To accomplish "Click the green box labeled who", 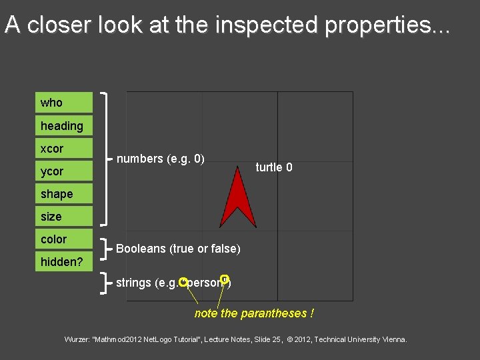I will pos(64,103).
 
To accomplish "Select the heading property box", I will pos(64,125).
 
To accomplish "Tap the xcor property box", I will pos(64,148).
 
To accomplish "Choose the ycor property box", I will pos(64,171).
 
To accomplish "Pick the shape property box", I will pos(64,194).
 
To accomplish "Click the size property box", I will pos(64,217).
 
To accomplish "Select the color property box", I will pos(64,239).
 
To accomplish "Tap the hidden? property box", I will pos(64,261).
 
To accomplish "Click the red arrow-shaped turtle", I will pos(238,200).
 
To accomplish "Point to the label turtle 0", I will pos(274,167).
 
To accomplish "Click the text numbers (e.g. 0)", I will pos(160,159).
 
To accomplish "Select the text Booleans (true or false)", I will pos(178,249).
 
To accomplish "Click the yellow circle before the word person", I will pos(183,282).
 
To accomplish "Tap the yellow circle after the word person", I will pos(224,279).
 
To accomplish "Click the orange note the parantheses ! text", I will pos(254,313).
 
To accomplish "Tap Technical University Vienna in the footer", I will pos(361,340).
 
